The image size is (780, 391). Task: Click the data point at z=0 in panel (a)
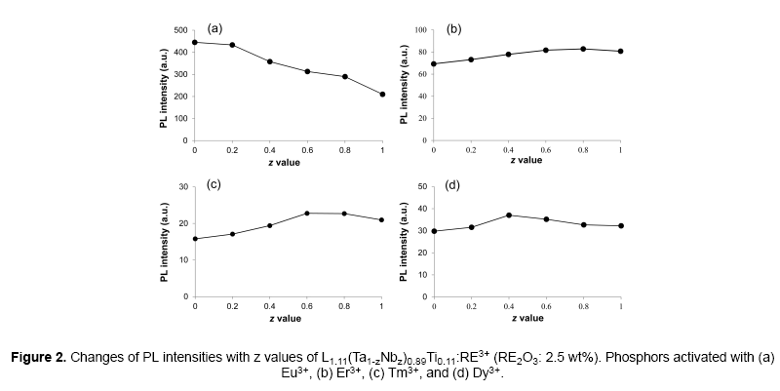[x=195, y=42]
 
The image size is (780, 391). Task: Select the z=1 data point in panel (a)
[x=382, y=95]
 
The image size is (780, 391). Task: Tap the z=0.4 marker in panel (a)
[x=270, y=61]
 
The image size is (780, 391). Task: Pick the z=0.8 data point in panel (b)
[x=583, y=49]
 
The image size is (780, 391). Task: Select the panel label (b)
[x=453, y=28]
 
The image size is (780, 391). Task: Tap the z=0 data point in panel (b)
[x=433, y=64]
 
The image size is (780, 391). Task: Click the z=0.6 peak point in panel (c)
[x=307, y=213]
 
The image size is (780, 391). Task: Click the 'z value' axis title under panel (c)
[x=289, y=318]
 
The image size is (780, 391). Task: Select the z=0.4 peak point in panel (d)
[x=508, y=215]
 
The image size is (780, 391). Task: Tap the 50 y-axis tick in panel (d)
[x=422, y=186]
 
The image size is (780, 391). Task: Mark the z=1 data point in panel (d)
[x=621, y=225]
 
